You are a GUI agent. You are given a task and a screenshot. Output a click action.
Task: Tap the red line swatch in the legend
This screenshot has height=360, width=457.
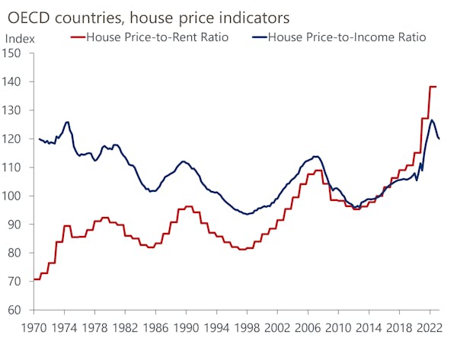78,37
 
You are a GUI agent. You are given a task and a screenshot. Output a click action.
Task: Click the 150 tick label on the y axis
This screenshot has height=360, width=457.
15,53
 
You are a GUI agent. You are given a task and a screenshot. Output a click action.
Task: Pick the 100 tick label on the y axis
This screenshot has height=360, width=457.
15,196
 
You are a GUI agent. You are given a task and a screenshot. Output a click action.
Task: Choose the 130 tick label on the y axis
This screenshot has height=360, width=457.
15,110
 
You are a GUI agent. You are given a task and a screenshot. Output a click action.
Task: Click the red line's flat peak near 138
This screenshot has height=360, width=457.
433,87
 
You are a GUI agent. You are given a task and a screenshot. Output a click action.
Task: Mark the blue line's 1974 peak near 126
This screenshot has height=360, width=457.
67,122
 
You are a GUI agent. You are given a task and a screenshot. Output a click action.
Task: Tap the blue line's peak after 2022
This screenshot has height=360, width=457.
432,120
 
